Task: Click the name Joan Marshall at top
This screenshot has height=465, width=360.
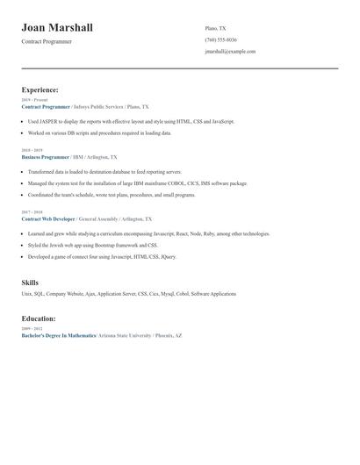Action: [57, 28]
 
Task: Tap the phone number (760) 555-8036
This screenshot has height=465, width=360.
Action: [220, 40]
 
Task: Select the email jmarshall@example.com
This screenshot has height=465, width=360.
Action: [230, 52]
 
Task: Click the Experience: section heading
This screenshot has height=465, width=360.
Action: [40, 89]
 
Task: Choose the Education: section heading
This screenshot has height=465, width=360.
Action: [39, 318]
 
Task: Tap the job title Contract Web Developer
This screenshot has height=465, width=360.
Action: [48, 218]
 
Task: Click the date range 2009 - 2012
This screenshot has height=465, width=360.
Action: [32, 328]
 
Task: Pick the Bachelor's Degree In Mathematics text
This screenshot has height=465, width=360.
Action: [59, 335]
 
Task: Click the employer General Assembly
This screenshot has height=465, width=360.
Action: [98, 218]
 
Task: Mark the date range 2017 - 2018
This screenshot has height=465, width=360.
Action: [32, 211]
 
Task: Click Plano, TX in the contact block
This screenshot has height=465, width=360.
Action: [215, 28]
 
